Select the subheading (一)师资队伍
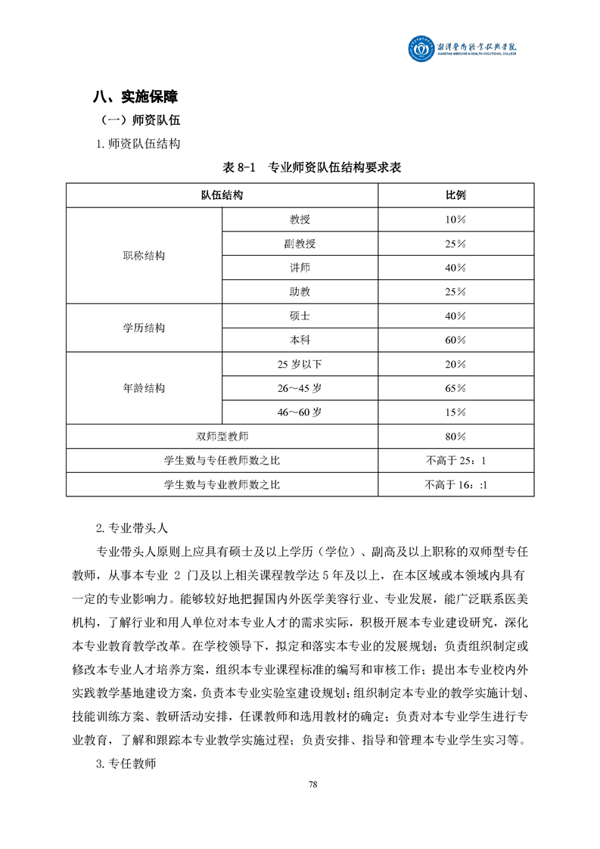[x=140, y=120]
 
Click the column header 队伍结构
[x=222, y=195]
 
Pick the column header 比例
[x=455, y=195]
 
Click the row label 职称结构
[x=144, y=256]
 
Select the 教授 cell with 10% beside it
[x=300, y=219]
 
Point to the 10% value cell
[x=455, y=219]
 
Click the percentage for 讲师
[x=455, y=268]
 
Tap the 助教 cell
[x=300, y=292]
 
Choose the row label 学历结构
[x=144, y=328]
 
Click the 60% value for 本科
[x=455, y=341]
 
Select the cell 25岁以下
[x=300, y=365]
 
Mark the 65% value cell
[x=455, y=388]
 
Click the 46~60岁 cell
[x=300, y=412]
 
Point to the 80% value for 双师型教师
[x=455, y=437]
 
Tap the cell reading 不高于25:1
[x=455, y=460]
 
